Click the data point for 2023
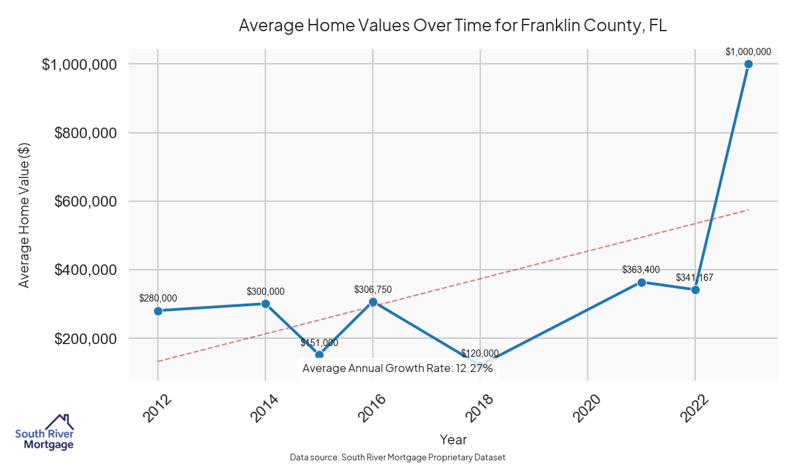pyautogui.click(x=748, y=64)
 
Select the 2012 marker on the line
pyautogui.click(x=158, y=311)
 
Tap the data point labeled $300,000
pyautogui.click(x=265, y=304)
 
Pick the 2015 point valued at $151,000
pyautogui.click(x=319, y=355)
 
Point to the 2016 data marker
pyautogui.click(x=373, y=302)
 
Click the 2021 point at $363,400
pyautogui.click(x=641, y=282)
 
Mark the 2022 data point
pyautogui.click(x=695, y=290)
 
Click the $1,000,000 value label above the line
pyautogui.click(x=748, y=51)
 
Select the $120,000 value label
pyautogui.click(x=480, y=353)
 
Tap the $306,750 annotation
pyautogui.click(x=373, y=290)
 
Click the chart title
pyautogui.click(x=452, y=26)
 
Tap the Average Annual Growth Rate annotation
pyautogui.click(x=397, y=368)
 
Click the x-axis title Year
pyautogui.click(x=453, y=440)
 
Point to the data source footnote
pyautogui.click(x=398, y=457)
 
